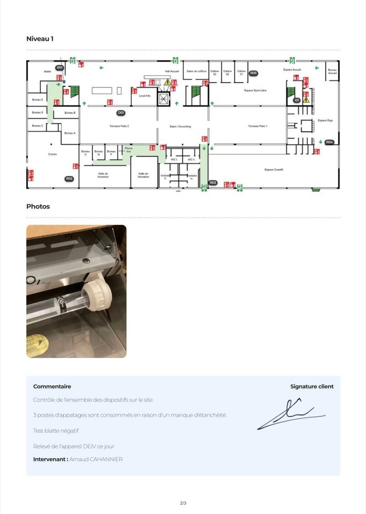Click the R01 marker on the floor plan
point(59,68)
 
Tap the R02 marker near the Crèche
point(69,179)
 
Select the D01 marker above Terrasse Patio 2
point(121,112)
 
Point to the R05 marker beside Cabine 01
point(253,73)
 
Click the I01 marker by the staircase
point(297,100)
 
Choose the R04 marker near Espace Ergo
point(329,142)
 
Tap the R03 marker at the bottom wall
point(213,183)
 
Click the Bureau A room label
point(70,133)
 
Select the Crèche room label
point(53,154)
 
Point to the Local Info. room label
point(145,95)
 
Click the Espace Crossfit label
point(274,170)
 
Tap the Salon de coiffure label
point(196,71)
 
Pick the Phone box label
point(129,149)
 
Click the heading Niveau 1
point(40,39)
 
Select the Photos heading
point(38,207)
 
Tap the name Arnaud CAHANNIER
point(96,459)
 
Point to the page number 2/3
point(183,503)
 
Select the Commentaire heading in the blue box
point(52,387)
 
